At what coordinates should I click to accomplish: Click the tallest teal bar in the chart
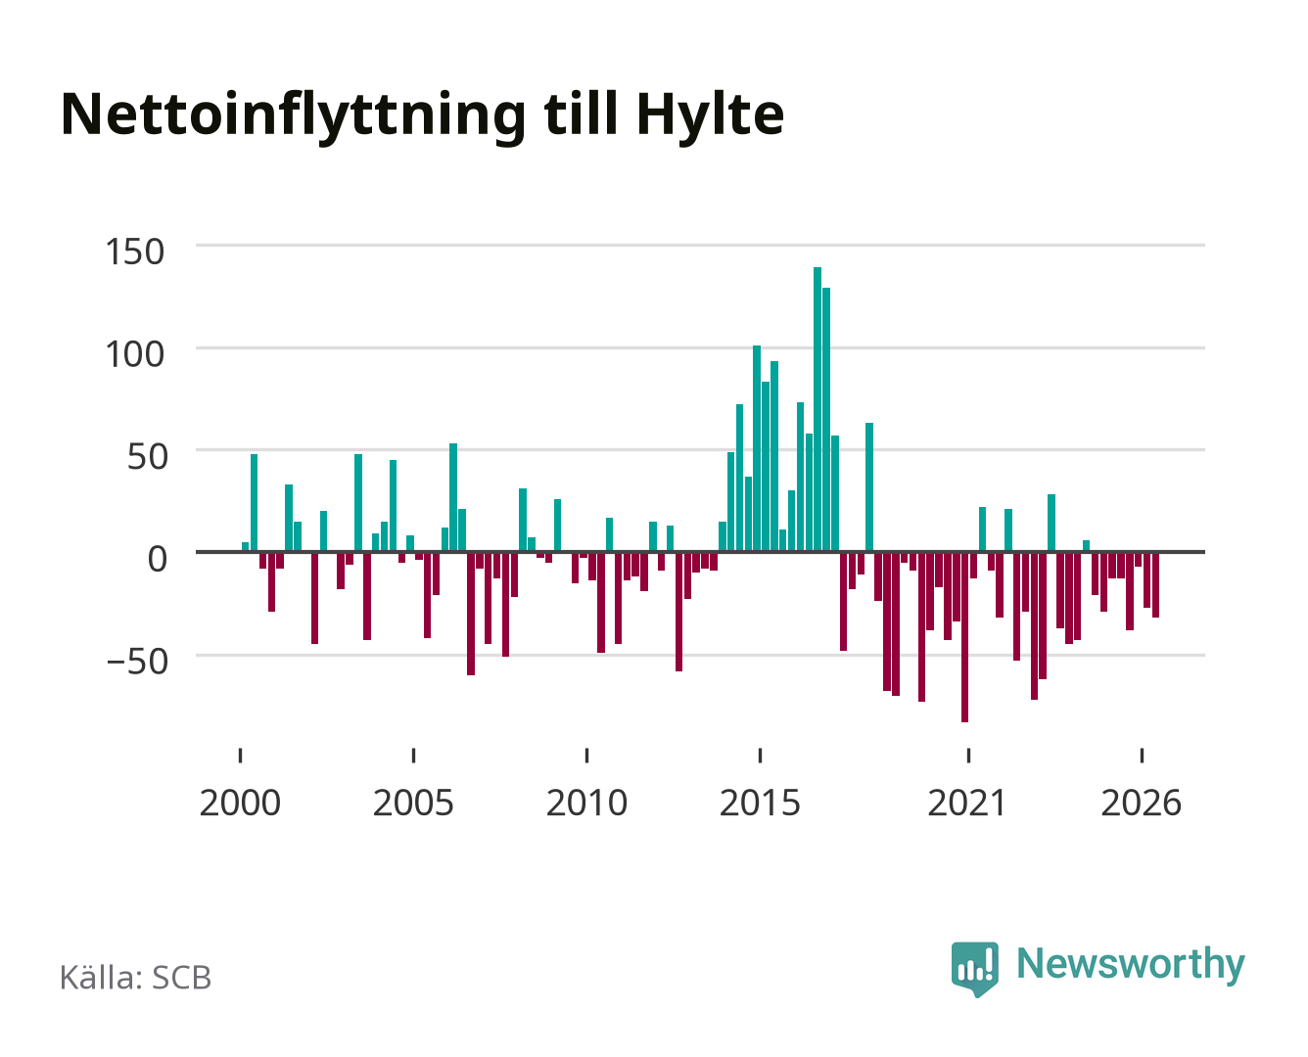pyautogui.click(x=817, y=409)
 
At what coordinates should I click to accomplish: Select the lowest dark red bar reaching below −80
pyautogui.click(x=964, y=637)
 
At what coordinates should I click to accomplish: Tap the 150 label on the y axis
pyautogui.click(x=135, y=252)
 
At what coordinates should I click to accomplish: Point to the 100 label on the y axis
pyautogui.click(x=135, y=355)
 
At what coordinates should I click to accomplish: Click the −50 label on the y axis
pyautogui.click(x=137, y=662)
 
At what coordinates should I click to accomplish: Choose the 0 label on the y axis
pyautogui.click(x=158, y=559)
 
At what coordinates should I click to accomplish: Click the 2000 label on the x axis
pyautogui.click(x=240, y=803)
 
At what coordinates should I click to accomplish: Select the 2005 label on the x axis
pyautogui.click(x=413, y=803)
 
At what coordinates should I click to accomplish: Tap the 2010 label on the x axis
pyautogui.click(x=586, y=803)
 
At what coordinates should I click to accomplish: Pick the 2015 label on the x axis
pyautogui.click(x=760, y=803)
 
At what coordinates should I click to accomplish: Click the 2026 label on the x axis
pyautogui.click(x=1141, y=803)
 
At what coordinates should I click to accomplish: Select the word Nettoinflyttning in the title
pyautogui.click(x=294, y=116)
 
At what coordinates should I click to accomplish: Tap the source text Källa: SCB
pyautogui.click(x=135, y=977)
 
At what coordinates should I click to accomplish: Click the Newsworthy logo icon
pyautogui.click(x=974, y=968)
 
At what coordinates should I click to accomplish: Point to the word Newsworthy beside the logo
pyautogui.click(x=1131, y=964)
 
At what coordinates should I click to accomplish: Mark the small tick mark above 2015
pyautogui.click(x=761, y=755)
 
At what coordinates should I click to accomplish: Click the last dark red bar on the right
pyautogui.click(x=1155, y=585)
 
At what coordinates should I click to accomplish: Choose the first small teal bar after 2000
pyautogui.click(x=245, y=547)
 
